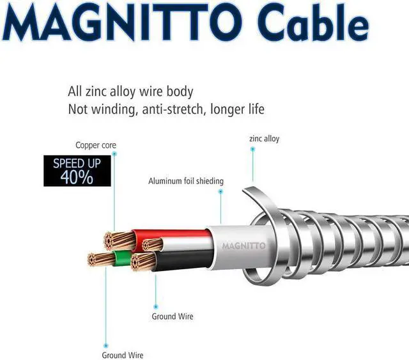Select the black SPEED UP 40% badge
click(x=77, y=171)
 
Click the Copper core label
click(x=96, y=145)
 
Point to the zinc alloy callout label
click(x=264, y=138)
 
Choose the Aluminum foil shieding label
click(x=186, y=181)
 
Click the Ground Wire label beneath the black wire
click(x=172, y=317)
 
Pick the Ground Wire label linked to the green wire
click(x=123, y=355)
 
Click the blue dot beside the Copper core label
click(x=114, y=153)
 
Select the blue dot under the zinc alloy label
click(x=252, y=148)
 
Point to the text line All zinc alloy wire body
click(x=130, y=91)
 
